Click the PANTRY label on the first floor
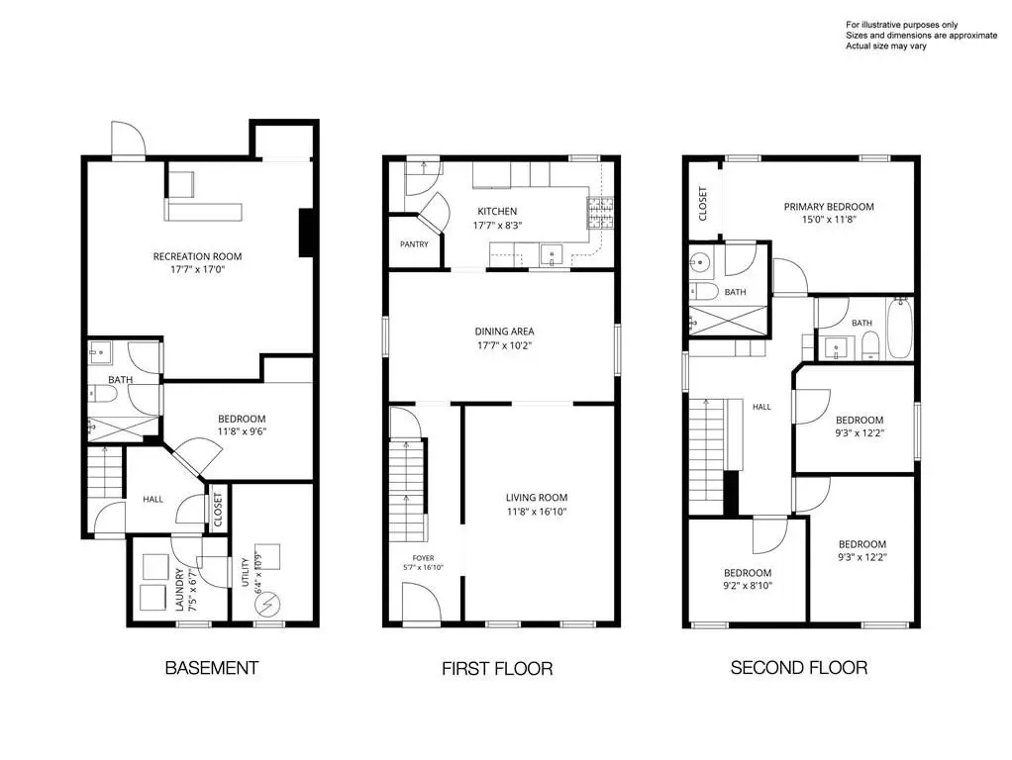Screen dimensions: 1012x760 (414, 244)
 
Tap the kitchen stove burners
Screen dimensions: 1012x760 (600, 213)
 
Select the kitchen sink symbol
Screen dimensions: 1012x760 (552, 255)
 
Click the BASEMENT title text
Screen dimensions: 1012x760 (212, 668)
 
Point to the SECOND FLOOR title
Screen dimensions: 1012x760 (799, 668)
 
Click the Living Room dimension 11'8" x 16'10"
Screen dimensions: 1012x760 (537, 513)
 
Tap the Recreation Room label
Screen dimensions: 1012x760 (197, 256)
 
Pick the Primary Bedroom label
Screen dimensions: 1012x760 (829, 207)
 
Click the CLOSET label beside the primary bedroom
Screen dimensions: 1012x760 (703, 204)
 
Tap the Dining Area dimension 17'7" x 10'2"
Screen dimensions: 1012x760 (504, 345)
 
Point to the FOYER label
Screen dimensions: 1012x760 (424, 558)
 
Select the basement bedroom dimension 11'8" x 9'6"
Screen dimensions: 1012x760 (242, 432)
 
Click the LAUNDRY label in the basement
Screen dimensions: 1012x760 (179, 589)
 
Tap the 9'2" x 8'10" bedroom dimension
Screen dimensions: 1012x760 (748, 587)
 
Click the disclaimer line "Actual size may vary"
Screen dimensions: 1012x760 (886, 47)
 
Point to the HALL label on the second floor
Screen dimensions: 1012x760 (761, 407)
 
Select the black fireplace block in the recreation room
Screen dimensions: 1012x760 (307, 233)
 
